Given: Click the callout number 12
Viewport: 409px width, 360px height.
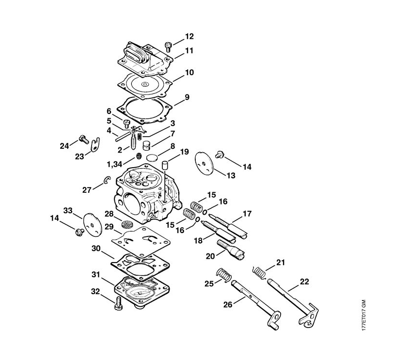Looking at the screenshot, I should (189, 36).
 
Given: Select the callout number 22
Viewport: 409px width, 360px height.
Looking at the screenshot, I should (304, 281).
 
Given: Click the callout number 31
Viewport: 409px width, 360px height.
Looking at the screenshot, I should (96, 274).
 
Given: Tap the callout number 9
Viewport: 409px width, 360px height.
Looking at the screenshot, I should (187, 97).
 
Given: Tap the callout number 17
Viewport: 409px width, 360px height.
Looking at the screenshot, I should (247, 213).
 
